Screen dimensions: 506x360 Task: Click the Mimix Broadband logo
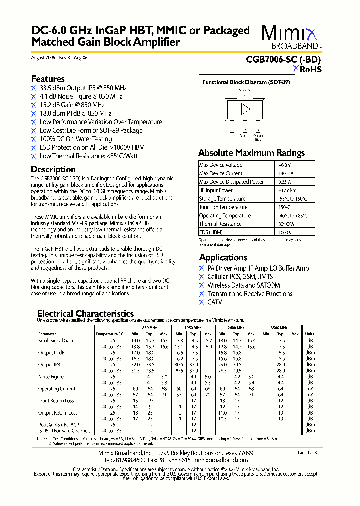(291, 37)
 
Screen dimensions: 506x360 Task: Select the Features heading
(48, 79)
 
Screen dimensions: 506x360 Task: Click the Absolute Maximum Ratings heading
(251, 153)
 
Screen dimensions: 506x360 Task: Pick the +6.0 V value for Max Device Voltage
(284, 165)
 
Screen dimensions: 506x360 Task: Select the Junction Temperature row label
(223, 207)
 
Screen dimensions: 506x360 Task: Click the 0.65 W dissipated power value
(285, 182)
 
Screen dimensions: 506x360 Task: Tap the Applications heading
(223, 257)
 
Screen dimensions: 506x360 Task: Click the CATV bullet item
(215, 302)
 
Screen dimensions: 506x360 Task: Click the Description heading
(53, 169)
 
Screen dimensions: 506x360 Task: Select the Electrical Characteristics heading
(85, 314)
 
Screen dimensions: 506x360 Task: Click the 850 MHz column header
(149, 327)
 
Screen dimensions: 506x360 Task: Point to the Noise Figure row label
(51, 377)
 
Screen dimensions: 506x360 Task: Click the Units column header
(310, 334)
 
